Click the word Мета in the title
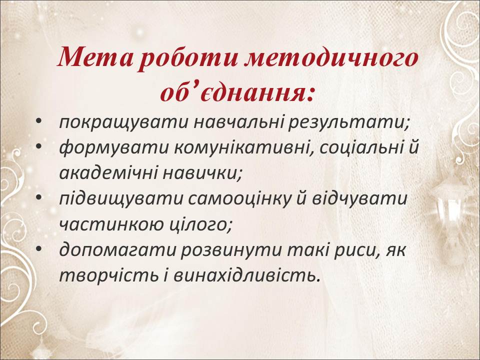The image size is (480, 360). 95,58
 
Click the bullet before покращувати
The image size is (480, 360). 38,121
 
